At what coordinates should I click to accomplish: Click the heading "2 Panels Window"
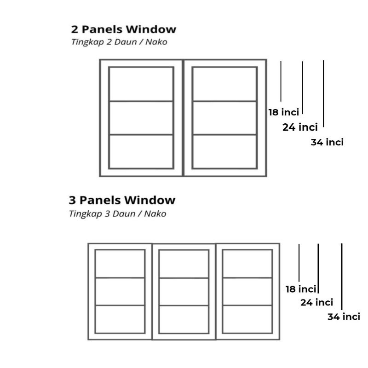(123, 29)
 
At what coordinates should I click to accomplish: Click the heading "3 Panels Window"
(122, 200)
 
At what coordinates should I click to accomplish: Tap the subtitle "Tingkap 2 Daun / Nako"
(119, 42)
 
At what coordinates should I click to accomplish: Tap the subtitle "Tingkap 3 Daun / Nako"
(117, 213)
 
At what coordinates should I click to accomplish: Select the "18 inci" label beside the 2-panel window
(284, 112)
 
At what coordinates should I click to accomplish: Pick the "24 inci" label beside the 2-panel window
(300, 127)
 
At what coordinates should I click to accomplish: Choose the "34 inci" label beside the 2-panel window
(327, 142)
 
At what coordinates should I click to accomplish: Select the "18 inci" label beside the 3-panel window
(301, 289)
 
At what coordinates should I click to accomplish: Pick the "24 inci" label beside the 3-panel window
(317, 302)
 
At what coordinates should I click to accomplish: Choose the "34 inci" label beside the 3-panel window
(344, 316)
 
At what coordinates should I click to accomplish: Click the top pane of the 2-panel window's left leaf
(141, 84)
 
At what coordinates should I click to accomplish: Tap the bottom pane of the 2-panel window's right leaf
(224, 151)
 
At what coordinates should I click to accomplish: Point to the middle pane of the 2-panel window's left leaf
(141, 118)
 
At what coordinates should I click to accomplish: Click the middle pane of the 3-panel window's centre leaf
(184, 292)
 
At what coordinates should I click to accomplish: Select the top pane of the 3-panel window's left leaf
(120, 264)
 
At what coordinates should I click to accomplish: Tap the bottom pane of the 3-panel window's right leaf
(247, 319)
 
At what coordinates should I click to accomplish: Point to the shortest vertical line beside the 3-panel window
(299, 263)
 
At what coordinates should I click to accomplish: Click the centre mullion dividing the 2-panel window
(183, 118)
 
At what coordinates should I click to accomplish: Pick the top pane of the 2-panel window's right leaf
(224, 84)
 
